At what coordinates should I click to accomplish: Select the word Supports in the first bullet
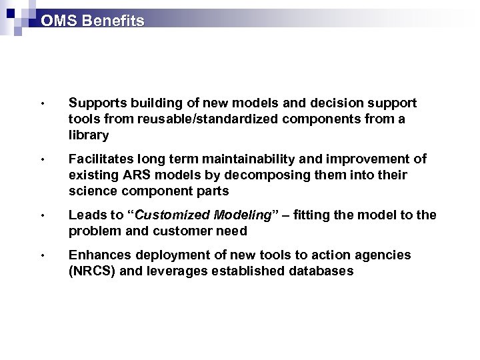point(93,103)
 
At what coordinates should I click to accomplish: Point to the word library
point(89,135)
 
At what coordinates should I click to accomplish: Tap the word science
point(91,191)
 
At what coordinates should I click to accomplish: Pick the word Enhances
point(95,255)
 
